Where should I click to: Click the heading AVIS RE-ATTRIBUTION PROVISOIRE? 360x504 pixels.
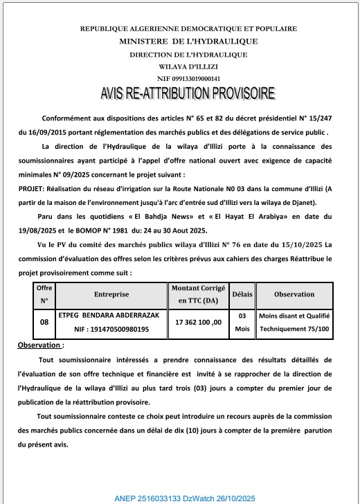(188, 93)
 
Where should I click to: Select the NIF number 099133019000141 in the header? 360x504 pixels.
(188, 79)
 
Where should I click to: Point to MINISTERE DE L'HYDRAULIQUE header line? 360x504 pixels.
(188, 41)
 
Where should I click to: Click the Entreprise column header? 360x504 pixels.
(111, 294)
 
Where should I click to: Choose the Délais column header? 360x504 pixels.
(242, 294)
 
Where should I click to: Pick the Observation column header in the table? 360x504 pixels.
(294, 294)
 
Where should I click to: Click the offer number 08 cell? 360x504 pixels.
(44, 322)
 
